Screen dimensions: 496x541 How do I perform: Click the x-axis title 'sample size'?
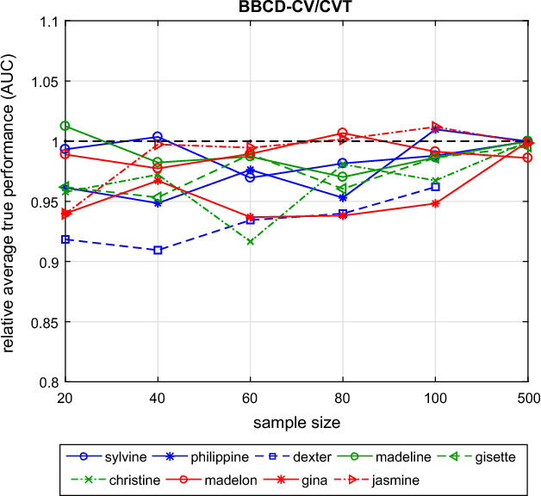tap(296, 424)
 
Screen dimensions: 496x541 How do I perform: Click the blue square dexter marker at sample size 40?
tap(158, 250)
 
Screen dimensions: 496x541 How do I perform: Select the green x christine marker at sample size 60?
tap(250, 242)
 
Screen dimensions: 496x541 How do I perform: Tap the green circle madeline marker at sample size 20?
tap(65, 126)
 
